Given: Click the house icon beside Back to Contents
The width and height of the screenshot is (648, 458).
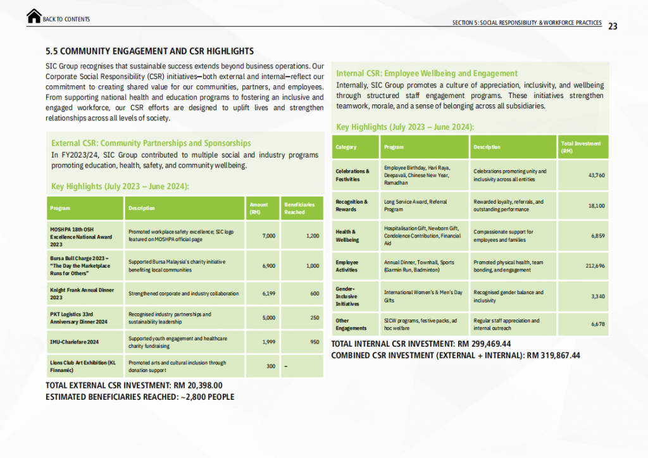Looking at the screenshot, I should click(x=34, y=16).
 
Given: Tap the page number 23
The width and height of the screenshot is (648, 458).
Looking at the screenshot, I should click(x=613, y=26).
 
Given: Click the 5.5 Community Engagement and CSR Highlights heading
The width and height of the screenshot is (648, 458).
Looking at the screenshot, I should click(x=150, y=51).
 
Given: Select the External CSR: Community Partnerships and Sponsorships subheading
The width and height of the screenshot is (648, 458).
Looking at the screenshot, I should click(x=151, y=143).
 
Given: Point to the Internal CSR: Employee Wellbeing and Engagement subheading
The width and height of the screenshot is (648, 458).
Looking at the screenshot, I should click(x=427, y=73).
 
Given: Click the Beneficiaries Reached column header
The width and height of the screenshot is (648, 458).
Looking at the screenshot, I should click(x=299, y=208).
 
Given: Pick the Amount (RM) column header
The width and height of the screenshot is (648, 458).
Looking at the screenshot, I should click(x=259, y=208).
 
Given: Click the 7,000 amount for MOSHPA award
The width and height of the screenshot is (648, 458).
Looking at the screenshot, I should click(x=268, y=236).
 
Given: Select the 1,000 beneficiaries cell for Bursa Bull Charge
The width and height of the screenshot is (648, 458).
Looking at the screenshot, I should click(x=310, y=266).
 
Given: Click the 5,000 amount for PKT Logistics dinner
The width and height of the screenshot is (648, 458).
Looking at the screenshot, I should click(x=268, y=318).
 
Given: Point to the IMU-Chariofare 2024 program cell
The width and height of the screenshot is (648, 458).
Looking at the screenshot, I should click(x=75, y=342).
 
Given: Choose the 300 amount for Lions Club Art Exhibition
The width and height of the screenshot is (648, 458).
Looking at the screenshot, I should click(x=270, y=366).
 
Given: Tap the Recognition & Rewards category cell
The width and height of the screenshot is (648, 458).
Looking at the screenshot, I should click(x=351, y=206).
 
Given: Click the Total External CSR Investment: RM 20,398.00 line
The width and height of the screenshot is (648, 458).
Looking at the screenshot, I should click(x=134, y=385).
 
